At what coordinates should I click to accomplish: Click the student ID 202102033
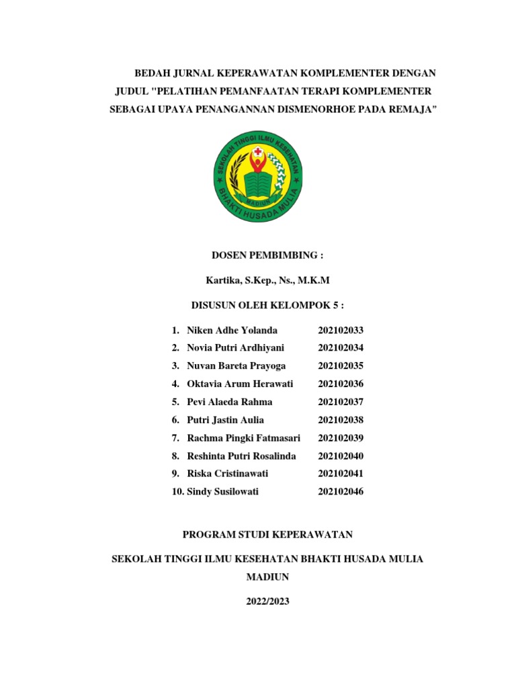tap(341, 330)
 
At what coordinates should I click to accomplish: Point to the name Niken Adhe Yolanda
tap(232, 330)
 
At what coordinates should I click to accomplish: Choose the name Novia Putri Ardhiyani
tap(235, 348)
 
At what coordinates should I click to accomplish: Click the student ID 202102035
tap(341, 366)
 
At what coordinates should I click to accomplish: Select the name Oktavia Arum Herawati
tap(240, 384)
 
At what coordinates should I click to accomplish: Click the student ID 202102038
tap(341, 420)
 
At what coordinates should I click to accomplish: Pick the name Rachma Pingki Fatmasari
tap(243, 438)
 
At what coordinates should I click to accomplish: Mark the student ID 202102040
tap(341, 456)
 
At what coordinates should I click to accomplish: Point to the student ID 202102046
tap(341, 492)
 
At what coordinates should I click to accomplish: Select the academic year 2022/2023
tap(267, 601)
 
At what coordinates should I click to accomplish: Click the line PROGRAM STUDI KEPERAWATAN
tap(267, 534)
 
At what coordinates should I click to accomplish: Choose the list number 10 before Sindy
tap(177, 492)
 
